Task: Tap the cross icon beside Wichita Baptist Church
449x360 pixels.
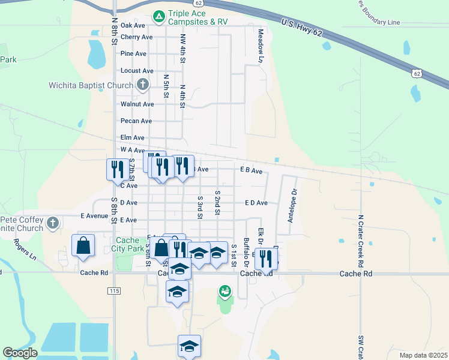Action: (142, 85)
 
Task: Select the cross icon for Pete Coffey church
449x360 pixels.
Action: (53, 223)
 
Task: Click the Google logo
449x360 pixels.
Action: (20, 353)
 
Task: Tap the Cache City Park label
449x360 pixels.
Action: (127, 244)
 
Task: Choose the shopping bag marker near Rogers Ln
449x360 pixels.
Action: (83, 245)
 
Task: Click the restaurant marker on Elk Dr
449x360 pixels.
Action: (267, 259)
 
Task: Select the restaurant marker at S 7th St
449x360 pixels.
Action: (116, 169)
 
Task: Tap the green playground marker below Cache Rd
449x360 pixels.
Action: (224, 292)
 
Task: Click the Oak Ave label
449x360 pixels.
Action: (133, 25)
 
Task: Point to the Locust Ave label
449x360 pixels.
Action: (137, 71)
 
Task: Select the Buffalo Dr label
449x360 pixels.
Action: (246, 250)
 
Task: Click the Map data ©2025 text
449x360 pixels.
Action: (423, 355)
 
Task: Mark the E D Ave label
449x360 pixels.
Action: (256, 203)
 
